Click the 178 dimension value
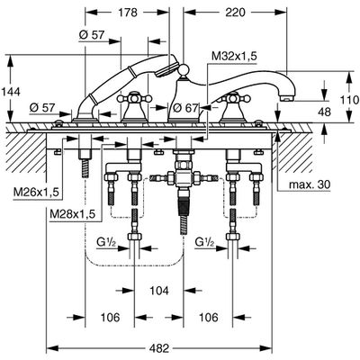pyautogui.click(x=128, y=13)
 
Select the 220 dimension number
pyautogui.click(x=235, y=13)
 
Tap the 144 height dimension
pyautogui.click(x=11, y=92)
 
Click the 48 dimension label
pyautogui.click(x=324, y=112)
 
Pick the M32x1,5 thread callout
pyautogui.click(x=234, y=57)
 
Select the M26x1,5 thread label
pyautogui.click(x=36, y=193)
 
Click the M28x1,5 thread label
pyautogui.click(x=73, y=214)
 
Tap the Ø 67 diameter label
pyautogui.click(x=185, y=108)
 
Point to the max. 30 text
pyautogui.click(x=310, y=184)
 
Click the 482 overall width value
pyautogui.click(x=159, y=349)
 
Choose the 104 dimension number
pyautogui.click(x=158, y=291)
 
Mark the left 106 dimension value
pyautogui.click(x=110, y=317)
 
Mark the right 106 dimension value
pyautogui.click(x=208, y=317)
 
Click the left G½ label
pyautogui.click(x=105, y=242)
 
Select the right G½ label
pyautogui.click(x=204, y=242)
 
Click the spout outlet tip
pyautogui.click(x=287, y=98)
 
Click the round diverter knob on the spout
pyautogui.click(x=183, y=70)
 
